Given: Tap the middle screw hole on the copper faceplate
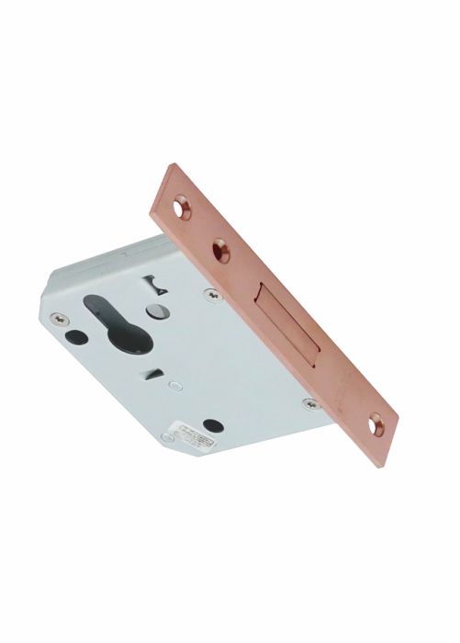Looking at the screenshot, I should point(220,246).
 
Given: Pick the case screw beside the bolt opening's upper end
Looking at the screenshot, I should point(210,294).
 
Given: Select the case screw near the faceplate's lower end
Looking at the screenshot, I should point(309,401).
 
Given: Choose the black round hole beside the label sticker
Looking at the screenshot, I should point(214,424).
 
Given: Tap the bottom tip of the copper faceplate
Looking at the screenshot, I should point(379,465).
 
